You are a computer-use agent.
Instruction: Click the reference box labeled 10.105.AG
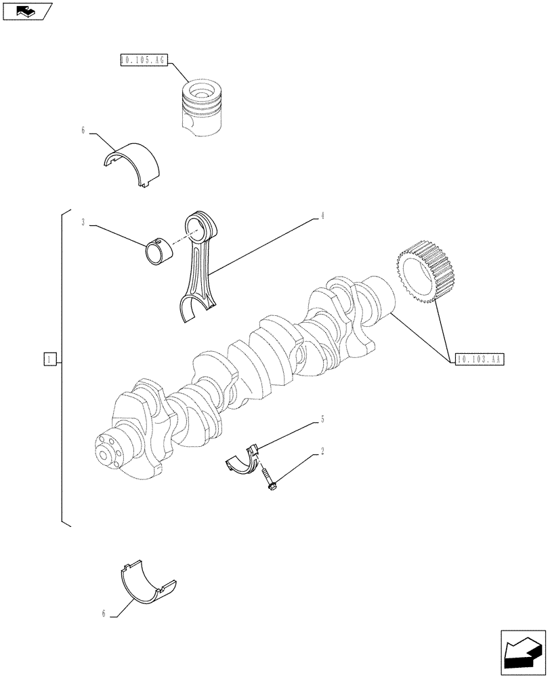(x=142, y=60)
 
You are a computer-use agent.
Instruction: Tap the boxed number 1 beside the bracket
(x=49, y=359)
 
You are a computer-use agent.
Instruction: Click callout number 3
(x=83, y=222)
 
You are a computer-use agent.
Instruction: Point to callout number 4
(x=322, y=216)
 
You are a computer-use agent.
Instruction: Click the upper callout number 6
(x=83, y=131)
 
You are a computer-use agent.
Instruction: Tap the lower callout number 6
(x=104, y=614)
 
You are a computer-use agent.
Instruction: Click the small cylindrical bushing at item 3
(x=160, y=252)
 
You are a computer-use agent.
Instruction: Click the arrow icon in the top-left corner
(x=26, y=12)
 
